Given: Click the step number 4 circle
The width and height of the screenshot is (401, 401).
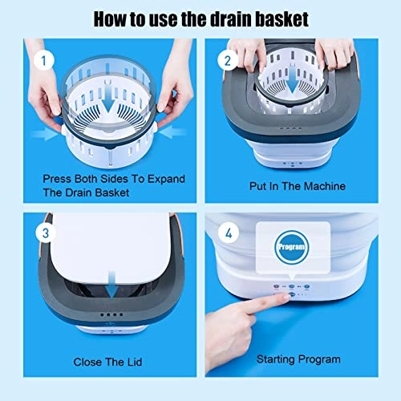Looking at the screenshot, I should pos(228,235).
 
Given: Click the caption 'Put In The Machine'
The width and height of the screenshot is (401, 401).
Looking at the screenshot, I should pos(297,186).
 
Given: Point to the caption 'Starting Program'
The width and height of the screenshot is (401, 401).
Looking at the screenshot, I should pos(299,359).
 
